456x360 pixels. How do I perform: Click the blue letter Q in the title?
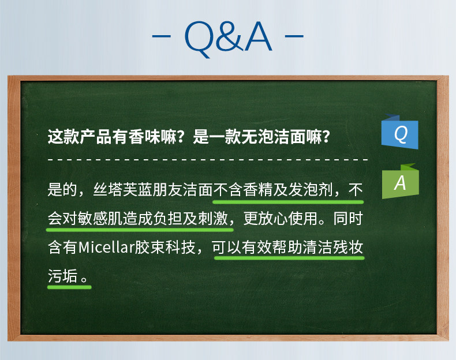point(198,39)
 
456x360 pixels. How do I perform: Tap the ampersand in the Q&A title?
point(229,36)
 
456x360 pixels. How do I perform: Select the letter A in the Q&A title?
point(258,36)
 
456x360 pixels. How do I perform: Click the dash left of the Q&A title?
point(161,36)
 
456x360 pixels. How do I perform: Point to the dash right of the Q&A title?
point(294,36)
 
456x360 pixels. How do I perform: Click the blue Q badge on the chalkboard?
point(400,132)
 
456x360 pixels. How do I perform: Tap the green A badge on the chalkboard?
point(401,182)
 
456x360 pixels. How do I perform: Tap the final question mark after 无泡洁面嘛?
point(326,137)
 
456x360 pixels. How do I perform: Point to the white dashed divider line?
point(208,159)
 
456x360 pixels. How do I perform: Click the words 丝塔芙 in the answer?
point(115,190)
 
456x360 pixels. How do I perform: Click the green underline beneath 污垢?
point(69,287)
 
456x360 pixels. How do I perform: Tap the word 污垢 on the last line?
point(63,276)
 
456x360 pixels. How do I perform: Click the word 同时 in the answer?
point(348,219)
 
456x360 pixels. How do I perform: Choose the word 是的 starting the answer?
point(62,190)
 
